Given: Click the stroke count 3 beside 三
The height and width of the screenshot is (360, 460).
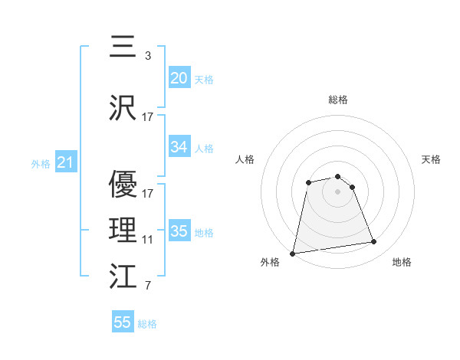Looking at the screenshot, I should click(x=147, y=57).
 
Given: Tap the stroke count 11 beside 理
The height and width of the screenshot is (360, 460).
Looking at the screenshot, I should click(x=148, y=240).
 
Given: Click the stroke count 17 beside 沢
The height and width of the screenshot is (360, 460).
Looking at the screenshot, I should click(x=148, y=117).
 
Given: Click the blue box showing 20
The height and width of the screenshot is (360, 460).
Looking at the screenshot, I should click(x=179, y=78).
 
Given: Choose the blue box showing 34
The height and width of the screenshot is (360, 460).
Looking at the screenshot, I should click(x=179, y=147).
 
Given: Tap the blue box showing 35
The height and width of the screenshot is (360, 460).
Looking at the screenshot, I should click(x=179, y=231).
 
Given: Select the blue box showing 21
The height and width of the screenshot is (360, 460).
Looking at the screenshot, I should click(x=65, y=163).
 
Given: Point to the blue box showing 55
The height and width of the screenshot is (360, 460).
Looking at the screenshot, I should click(x=123, y=322).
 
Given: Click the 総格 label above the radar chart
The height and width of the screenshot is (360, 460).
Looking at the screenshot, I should click(x=338, y=100).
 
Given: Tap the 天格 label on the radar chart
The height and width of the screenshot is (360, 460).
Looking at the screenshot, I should click(x=431, y=159).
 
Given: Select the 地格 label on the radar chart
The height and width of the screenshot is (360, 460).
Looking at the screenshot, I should click(x=402, y=262).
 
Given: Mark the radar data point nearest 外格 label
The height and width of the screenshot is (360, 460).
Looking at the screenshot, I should click(x=293, y=253).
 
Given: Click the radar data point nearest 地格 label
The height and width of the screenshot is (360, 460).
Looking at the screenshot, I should click(x=373, y=242).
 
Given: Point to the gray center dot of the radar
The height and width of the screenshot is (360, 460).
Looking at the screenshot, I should click(x=337, y=191).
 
